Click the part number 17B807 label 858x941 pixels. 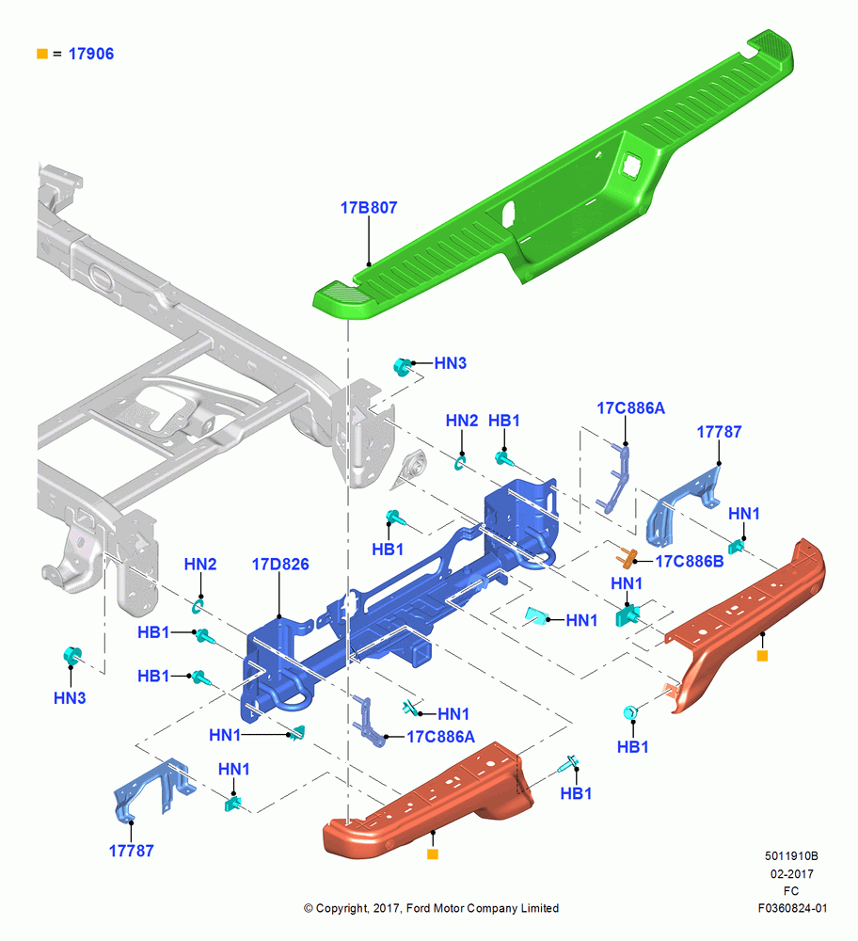click(369, 208)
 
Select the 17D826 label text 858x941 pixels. click(280, 564)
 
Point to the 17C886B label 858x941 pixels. click(690, 561)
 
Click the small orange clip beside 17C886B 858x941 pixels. click(626, 557)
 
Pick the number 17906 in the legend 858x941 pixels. click(91, 54)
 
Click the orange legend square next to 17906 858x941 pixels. click(42, 54)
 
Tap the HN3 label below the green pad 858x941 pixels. click(450, 363)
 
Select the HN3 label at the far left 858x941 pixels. click(70, 698)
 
